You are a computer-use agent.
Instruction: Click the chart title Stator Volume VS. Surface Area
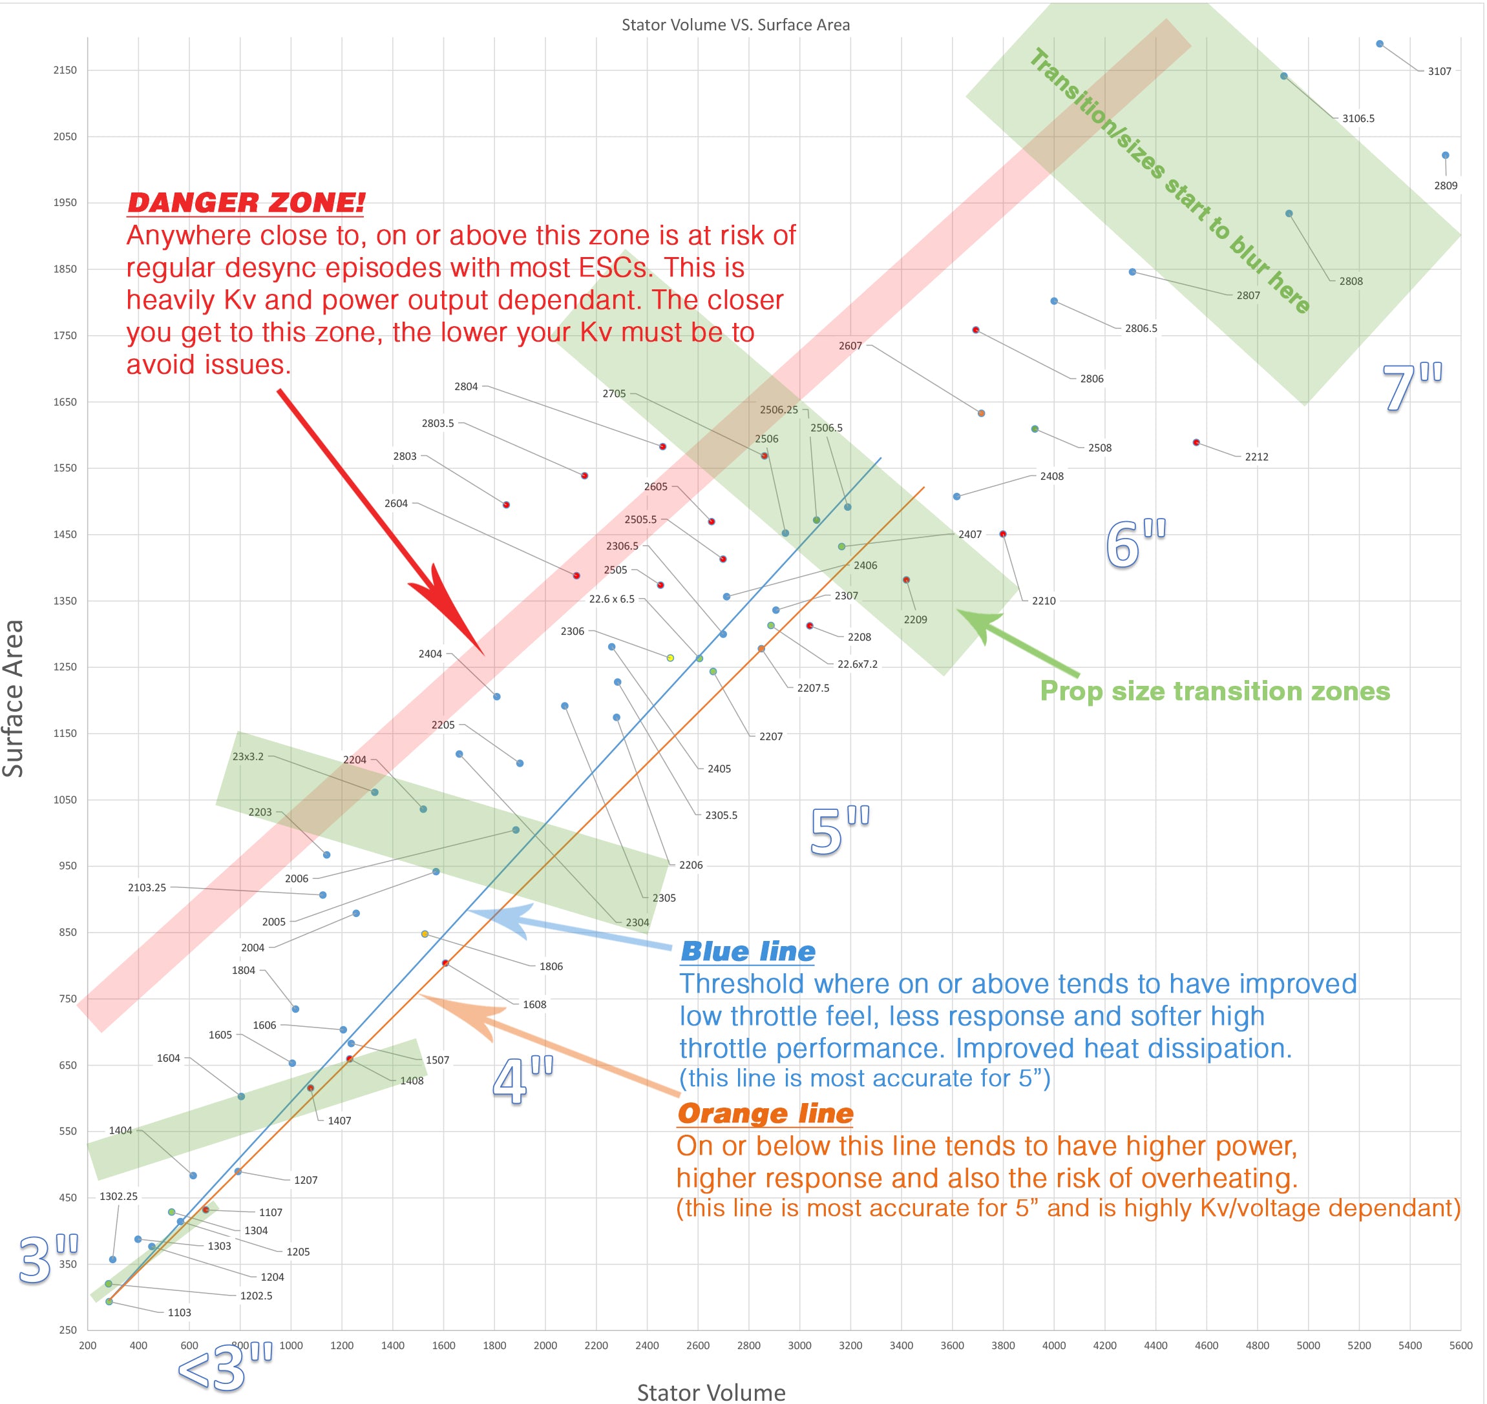click(x=735, y=25)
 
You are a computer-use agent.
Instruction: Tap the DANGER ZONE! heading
click(x=246, y=202)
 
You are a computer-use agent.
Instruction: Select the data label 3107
click(x=1439, y=71)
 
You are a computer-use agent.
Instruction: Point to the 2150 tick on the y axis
click(x=65, y=70)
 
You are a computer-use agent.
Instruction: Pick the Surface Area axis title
click(x=14, y=698)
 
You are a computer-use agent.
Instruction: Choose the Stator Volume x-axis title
click(x=711, y=1391)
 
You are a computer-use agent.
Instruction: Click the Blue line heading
click(x=747, y=951)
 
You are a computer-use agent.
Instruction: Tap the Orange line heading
click(x=765, y=1113)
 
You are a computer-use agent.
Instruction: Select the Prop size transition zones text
click(x=1214, y=691)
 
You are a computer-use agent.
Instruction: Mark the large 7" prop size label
click(x=1411, y=387)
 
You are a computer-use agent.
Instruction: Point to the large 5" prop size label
click(x=839, y=831)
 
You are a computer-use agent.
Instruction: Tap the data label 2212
click(x=1256, y=457)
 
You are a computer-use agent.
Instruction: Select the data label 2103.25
click(x=147, y=887)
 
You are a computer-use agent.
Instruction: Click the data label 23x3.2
click(x=248, y=757)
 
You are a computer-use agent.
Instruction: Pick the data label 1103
click(x=179, y=1313)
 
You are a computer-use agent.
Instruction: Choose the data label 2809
click(x=1445, y=185)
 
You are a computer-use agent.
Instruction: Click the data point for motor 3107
click(x=1379, y=44)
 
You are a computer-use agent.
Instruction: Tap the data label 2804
click(x=466, y=387)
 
